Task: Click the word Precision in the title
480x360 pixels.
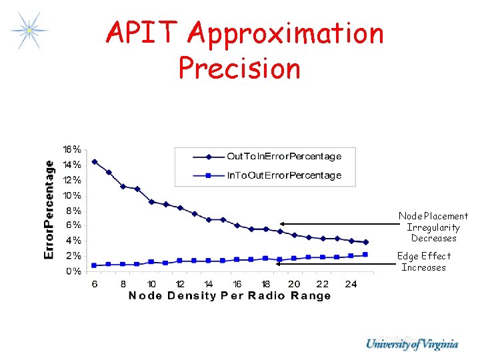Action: [x=239, y=68]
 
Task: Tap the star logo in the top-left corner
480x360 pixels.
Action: [x=29, y=30]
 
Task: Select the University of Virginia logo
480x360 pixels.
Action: [x=412, y=344]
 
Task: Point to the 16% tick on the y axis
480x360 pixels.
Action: [x=73, y=149]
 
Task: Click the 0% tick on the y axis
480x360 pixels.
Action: [x=74, y=271]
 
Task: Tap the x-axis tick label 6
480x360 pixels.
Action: [x=95, y=284]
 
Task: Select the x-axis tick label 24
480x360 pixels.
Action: [x=351, y=284]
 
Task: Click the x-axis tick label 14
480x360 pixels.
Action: [x=209, y=284]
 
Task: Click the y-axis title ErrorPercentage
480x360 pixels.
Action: [x=49, y=209]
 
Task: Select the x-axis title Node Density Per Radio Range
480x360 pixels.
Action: [x=229, y=296]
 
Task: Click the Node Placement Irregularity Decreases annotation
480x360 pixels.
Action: [x=433, y=227]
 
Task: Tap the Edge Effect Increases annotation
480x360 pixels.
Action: [x=424, y=261]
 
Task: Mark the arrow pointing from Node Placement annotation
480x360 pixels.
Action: [x=337, y=224]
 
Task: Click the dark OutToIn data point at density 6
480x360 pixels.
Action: [x=95, y=161]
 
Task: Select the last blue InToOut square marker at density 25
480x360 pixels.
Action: [x=365, y=255]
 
